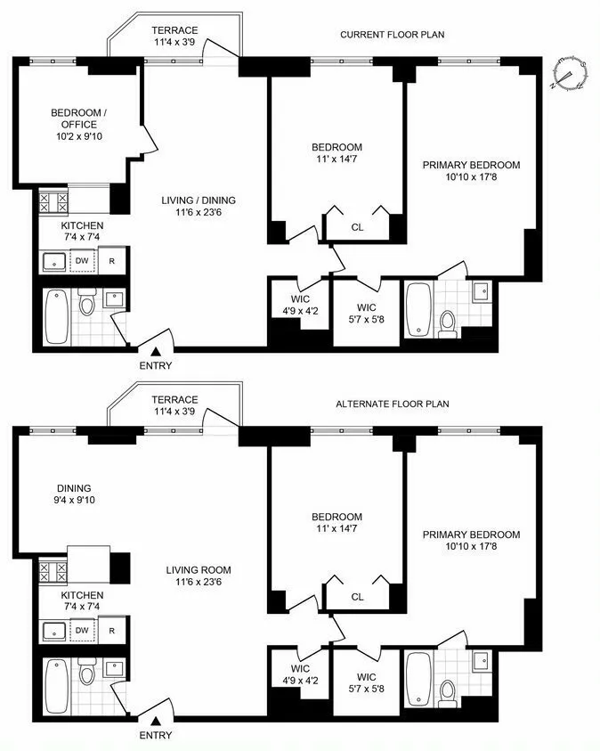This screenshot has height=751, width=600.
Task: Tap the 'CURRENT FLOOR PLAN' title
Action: [392, 35]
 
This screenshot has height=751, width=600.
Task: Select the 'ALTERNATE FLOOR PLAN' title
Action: [392, 404]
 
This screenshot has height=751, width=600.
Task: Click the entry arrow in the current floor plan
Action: [156, 354]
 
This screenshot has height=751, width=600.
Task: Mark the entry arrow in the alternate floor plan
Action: [156, 722]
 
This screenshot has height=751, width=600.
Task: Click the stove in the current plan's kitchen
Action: [52, 202]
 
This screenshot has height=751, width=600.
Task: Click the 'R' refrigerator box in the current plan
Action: [111, 261]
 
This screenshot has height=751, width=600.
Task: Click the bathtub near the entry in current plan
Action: [55, 316]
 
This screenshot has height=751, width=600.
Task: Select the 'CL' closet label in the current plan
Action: [357, 227]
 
